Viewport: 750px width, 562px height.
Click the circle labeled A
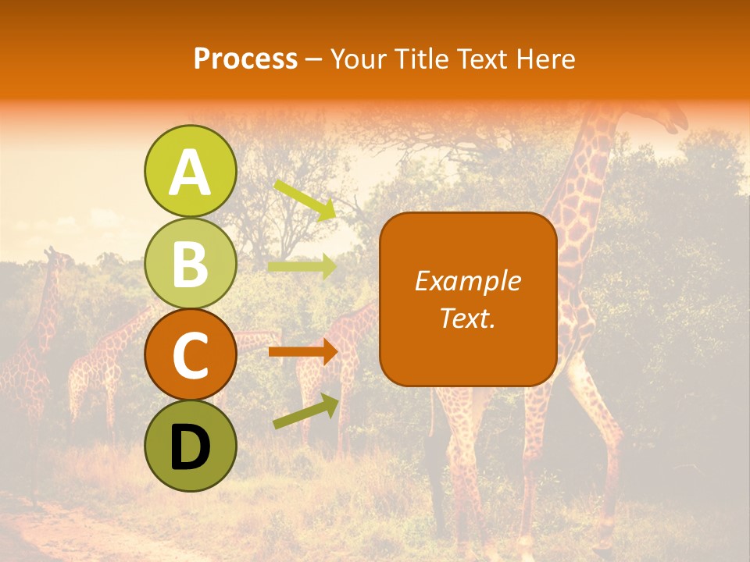coord(190,172)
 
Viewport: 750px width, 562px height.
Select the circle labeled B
coord(190,264)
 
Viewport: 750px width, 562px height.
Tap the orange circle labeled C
coord(190,355)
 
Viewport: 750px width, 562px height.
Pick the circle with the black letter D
coord(190,446)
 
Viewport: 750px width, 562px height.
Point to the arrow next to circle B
coord(302,266)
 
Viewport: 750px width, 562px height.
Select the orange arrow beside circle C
coord(302,352)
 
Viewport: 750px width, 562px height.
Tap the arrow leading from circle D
coord(305,411)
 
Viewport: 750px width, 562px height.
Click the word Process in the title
coord(245,59)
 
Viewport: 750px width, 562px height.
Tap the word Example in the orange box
coord(467,281)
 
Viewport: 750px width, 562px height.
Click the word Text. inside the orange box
coord(467,318)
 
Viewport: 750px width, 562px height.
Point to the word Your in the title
coord(357,59)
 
